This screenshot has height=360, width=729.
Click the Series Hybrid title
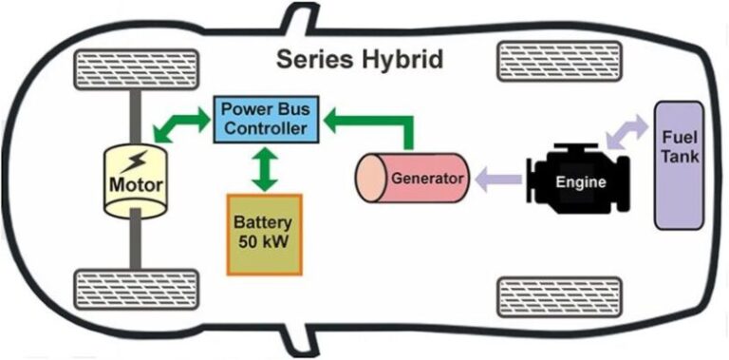[359, 59]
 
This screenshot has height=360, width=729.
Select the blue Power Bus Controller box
[264, 118]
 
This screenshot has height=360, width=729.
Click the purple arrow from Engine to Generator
[497, 178]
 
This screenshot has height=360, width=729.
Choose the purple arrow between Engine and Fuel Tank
[626, 131]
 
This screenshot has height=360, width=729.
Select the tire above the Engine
[559, 62]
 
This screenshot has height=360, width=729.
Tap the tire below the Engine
[559, 295]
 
